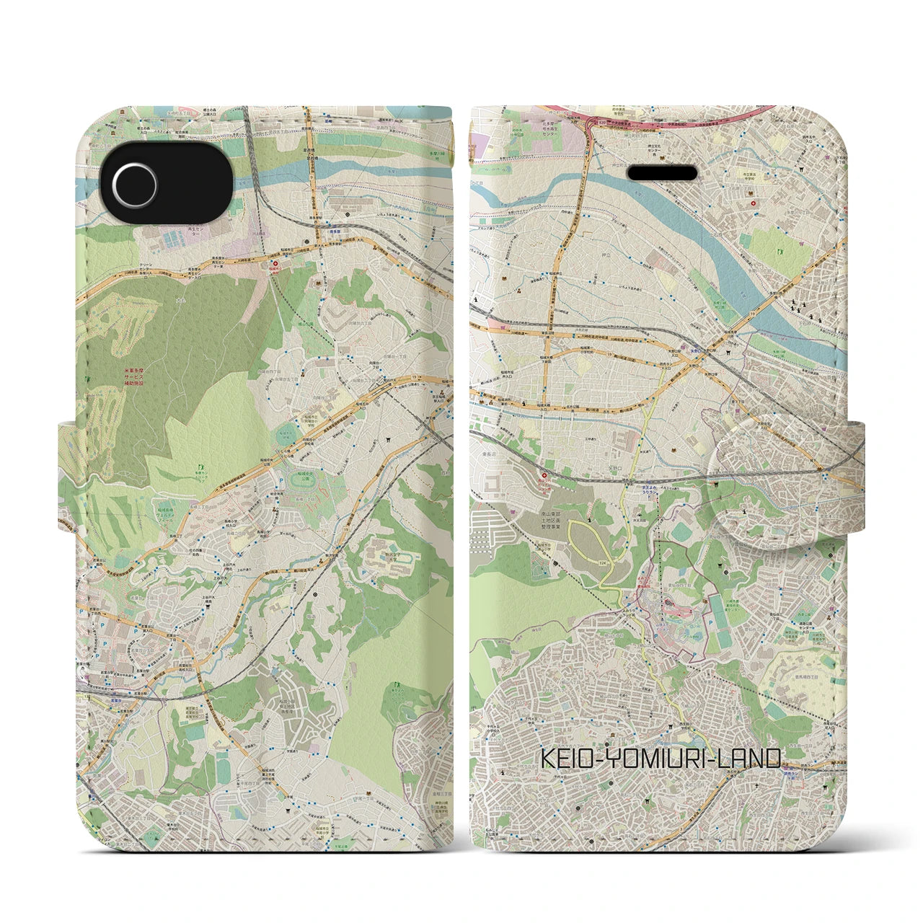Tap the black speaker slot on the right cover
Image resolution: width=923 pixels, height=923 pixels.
click(663, 173)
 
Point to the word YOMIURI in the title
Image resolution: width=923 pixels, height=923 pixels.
click(658, 759)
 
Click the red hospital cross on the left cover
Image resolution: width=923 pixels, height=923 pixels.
click(273, 265)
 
